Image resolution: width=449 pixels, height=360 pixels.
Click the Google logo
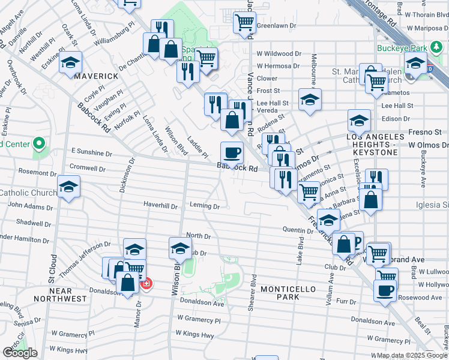click(19, 353)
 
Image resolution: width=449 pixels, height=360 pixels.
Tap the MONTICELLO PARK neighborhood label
click(288, 293)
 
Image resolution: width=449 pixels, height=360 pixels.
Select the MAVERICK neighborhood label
click(79, 76)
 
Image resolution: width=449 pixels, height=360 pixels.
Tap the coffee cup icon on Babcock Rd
click(232, 152)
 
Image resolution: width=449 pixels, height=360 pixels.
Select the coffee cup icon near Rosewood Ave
click(385, 292)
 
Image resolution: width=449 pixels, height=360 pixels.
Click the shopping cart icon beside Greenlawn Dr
click(244, 23)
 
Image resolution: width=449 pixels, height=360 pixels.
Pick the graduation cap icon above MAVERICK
click(71, 62)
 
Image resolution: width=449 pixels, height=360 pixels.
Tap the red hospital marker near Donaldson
click(146, 283)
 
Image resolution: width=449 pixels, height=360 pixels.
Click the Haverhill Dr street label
click(160, 205)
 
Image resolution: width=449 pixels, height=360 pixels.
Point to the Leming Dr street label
click(204, 205)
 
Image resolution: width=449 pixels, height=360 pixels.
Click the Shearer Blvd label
click(253, 292)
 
